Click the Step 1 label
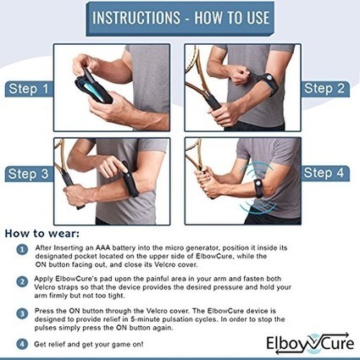[x=29, y=89]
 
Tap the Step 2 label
[x=324, y=89]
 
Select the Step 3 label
[x=29, y=174]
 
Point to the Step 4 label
[x=324, y=173]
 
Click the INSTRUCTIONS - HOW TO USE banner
[x=180, y=18]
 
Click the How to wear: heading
[x=42, y=234]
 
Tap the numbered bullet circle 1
[x=22, y=250]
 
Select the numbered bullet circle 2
[x=22, y=282]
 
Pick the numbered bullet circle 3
[x=22, y=313]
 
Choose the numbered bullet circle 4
[x=22, y=344]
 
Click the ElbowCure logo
[x=310, y=343]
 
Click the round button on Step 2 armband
[x=269, y=77]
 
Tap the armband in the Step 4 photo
[x=259, y=188]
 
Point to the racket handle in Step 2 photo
[x=213, y=101]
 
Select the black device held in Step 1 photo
[x=93, y=86]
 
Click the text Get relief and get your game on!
[x=89, y=345]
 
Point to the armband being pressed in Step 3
[x=130, y=180]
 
